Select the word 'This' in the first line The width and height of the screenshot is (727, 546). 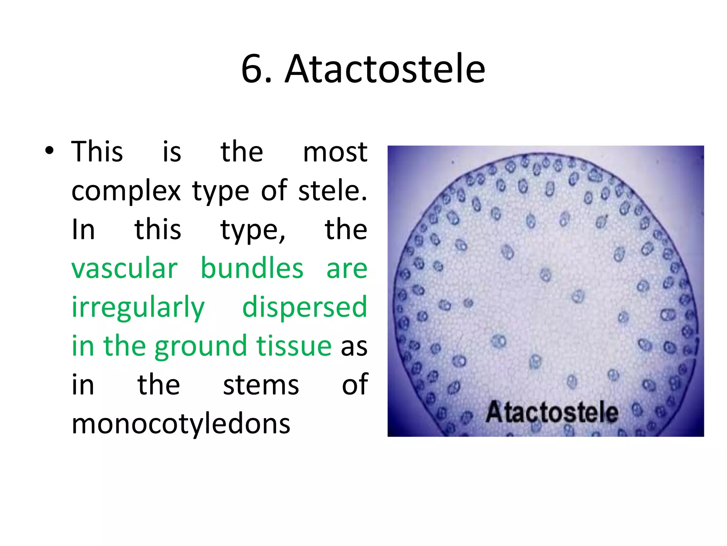point(97,152)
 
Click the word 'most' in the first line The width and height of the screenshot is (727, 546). point(335,152)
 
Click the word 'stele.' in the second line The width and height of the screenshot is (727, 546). point(333,191)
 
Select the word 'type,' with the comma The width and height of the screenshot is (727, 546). point(253,230)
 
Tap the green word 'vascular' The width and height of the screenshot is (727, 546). point(124,269)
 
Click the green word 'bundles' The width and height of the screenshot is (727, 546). point(252,269)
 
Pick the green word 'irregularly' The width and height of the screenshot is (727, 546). point(138,308)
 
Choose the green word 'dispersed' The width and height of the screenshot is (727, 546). point(305,307)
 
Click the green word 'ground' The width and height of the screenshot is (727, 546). point(201,347)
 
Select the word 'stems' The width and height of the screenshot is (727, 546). point(261,385)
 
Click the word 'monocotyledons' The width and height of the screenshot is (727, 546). point(181,424)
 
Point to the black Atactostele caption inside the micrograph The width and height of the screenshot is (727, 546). point(552,412)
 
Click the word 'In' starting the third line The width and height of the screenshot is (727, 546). point(83,230)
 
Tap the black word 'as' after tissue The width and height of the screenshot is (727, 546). point(354,347)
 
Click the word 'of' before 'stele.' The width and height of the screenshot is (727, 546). point(274,191)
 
